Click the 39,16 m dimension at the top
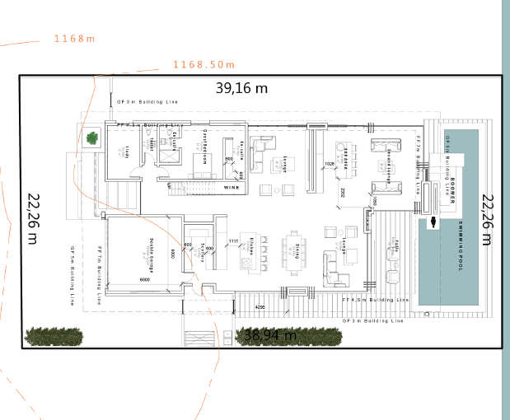242,86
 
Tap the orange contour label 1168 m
74,39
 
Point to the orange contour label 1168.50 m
204,64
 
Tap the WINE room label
232,187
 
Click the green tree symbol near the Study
91,138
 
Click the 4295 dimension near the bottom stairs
260,307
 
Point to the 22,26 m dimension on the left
33,218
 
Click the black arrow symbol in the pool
432,222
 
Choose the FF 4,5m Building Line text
376,301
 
